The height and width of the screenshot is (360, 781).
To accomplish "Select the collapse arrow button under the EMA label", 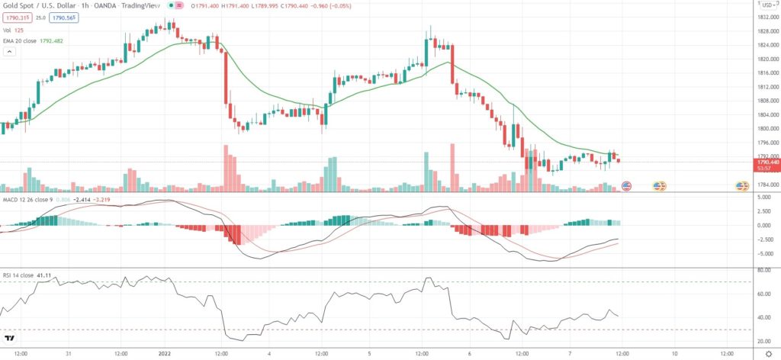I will [x=9, y=52].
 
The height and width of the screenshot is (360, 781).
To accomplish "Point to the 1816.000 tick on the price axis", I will [x=763, y=72].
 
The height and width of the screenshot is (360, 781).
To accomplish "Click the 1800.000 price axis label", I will [x=763, y=128].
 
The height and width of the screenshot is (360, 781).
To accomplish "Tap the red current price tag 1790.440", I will [x=765, y=162].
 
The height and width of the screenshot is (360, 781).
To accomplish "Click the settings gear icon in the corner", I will [x=768, y=354].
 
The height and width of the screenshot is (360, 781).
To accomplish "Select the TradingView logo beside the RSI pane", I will [x=10, y=338].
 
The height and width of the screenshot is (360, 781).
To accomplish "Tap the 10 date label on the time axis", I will [x=674, y=354].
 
